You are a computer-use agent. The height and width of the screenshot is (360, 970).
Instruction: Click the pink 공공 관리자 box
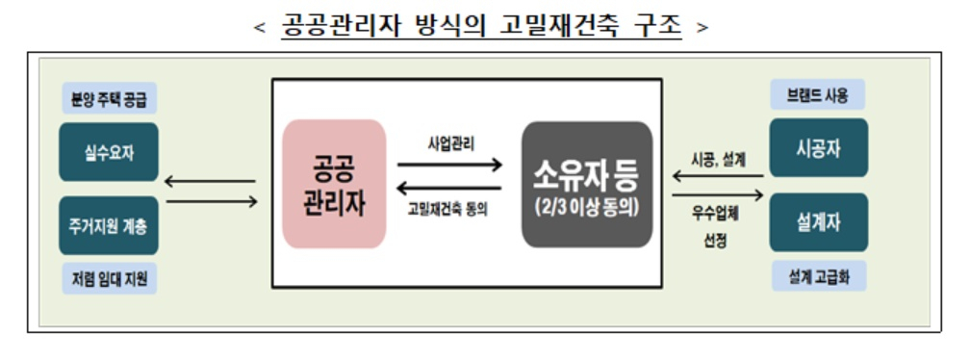334,184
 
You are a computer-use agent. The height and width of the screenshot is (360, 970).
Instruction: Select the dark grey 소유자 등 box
587,184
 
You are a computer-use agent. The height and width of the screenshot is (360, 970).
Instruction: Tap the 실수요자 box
109,152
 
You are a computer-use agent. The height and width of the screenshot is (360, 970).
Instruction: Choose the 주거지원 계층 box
109,226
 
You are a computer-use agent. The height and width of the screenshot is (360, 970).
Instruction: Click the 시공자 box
818,148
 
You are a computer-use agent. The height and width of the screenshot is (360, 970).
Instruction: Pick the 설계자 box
818,222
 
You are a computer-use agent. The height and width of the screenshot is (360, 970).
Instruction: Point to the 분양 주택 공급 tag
109,98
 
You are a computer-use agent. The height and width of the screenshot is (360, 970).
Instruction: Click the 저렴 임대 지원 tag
109,278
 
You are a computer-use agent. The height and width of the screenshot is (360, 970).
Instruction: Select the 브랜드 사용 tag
818,94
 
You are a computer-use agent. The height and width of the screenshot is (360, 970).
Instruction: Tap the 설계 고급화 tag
819,276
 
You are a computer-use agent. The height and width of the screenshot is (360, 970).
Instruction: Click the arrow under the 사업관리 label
449,165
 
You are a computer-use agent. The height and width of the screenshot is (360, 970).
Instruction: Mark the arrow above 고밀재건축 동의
448,188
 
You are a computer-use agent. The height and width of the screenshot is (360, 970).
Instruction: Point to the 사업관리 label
451,144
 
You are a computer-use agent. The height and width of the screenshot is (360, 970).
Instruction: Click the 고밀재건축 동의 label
447,209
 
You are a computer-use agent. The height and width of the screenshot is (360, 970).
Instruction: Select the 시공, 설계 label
718,160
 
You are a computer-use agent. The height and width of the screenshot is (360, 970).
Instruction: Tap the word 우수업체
715,216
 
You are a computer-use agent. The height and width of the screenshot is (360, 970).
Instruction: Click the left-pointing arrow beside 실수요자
211,181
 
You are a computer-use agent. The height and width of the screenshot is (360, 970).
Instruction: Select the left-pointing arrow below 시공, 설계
718,176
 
